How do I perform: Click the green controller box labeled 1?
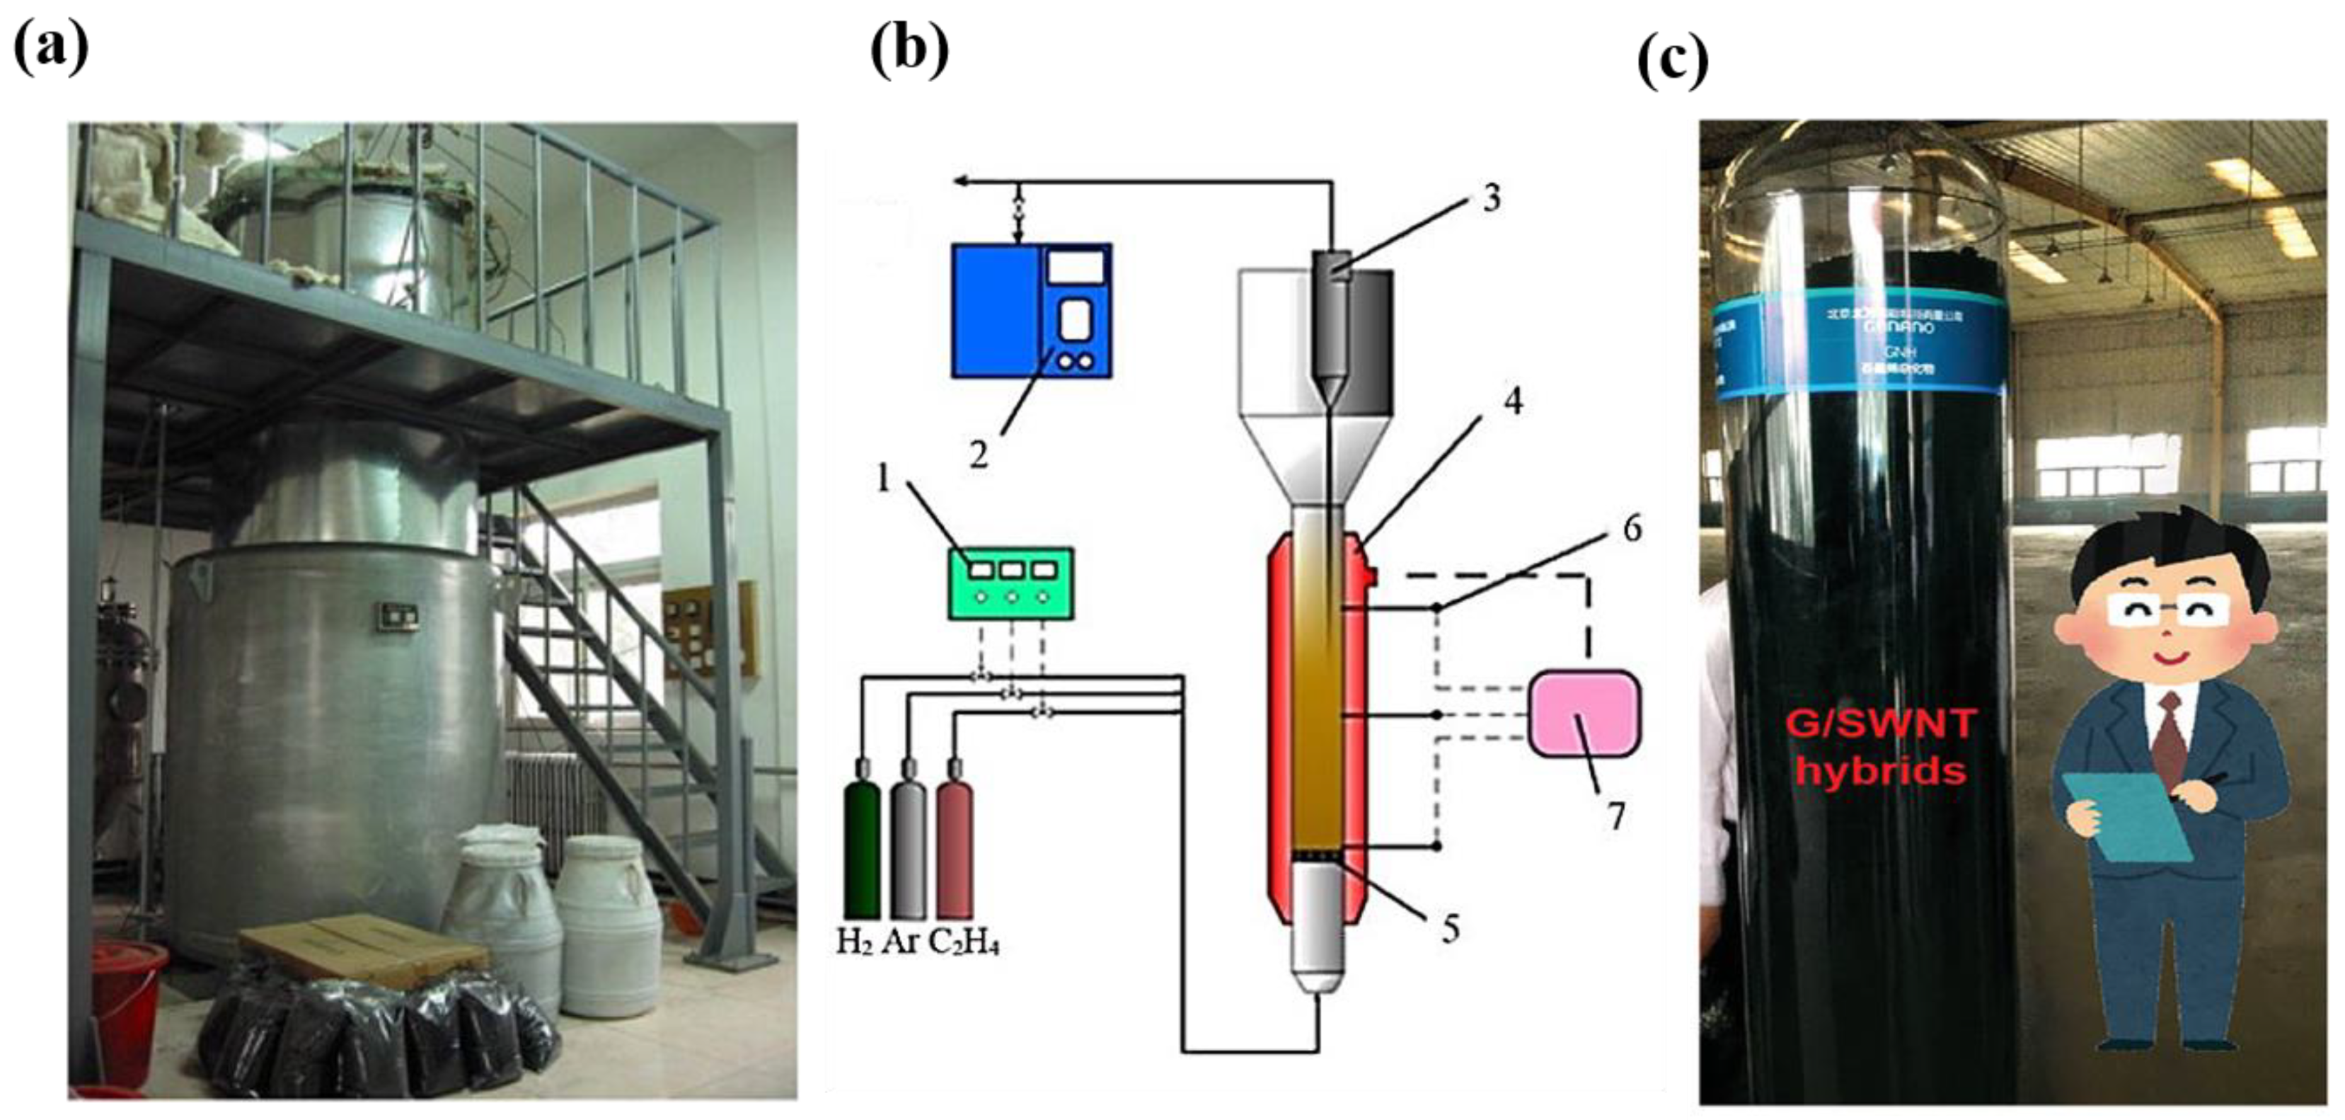click(x=1010, y=583)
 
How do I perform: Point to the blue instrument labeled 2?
click(x=1032, y=309)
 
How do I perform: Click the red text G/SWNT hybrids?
click(x=1881, y=748)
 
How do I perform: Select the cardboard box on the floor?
click(x=364, y=947)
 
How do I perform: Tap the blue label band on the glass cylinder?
click(x=1857, y=346)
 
